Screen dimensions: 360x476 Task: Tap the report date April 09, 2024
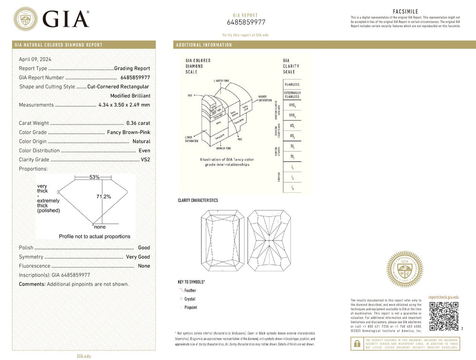coord(35,60)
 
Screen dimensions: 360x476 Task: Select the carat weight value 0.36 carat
coord(138,123)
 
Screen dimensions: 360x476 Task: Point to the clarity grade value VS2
coord(145,160)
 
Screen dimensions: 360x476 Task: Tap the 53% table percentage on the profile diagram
coord(94,177)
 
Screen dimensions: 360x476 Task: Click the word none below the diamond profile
coord(99,227)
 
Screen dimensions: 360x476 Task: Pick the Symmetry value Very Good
coord(138,257)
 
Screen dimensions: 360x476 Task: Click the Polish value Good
coord(144,248)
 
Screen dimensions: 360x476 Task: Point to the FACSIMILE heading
coord(406,11)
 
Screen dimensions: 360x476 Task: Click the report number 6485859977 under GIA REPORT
coord(246,22)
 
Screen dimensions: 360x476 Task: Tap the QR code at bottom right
coord(444,316)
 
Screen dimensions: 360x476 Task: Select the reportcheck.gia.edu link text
coord(444,297)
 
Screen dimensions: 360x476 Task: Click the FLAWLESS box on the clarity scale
coord(292,84)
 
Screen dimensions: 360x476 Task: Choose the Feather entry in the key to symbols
coord(190,290)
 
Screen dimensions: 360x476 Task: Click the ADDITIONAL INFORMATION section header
coord(204,45)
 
